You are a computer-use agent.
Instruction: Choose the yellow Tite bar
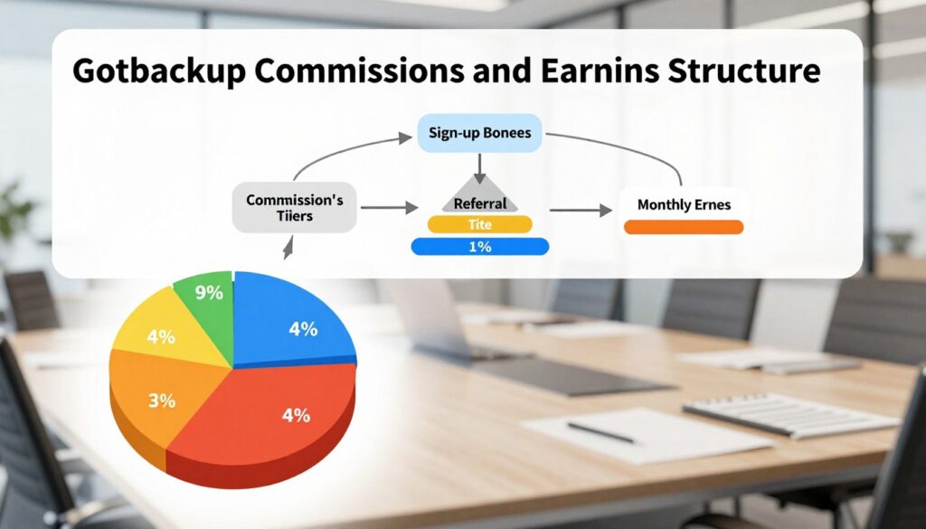click(479, 225)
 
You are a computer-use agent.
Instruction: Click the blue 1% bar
click(479, 246)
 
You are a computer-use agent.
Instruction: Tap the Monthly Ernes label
click(683, 204)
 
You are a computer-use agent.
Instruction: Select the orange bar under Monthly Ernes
click(683, 227)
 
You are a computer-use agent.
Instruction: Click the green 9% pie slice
click(206, 298)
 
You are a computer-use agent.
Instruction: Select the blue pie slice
click(294, 326)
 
